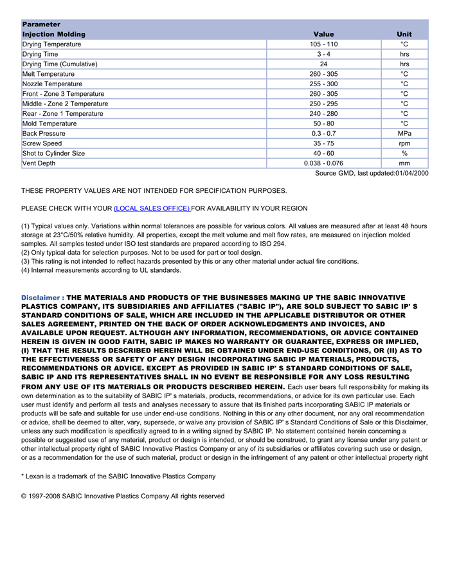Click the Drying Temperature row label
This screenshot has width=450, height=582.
tap(52, 44)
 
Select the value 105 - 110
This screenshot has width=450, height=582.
tap(323, 44)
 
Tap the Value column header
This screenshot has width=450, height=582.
tap(323, 34)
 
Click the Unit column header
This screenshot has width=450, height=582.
tap(404, 34)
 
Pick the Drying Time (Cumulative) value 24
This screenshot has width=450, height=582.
tap(323, 64)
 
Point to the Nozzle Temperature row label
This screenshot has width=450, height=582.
tap(53, 84)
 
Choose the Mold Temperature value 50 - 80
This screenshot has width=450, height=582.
tap(323, 123)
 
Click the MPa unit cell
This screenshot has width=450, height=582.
tap(404, 134)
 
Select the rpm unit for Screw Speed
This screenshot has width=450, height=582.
tap(404, 143)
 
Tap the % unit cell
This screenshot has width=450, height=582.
tap(404, 154)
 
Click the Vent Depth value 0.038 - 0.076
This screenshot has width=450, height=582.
tap(323, 163)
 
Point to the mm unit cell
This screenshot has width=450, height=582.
tap(404, 163)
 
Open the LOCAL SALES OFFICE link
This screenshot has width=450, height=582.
tap(152, 208)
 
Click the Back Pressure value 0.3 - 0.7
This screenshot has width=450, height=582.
tap(323, 134)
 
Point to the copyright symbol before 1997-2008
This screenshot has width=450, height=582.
tap(24, 496)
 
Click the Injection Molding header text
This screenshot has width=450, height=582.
tap(54, 34)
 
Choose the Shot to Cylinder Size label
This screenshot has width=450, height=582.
tap(53, 154)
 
